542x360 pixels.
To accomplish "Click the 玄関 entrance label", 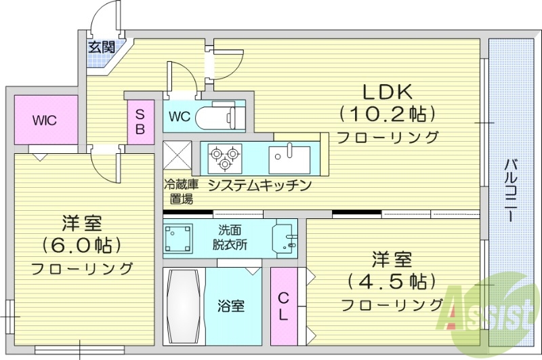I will point(101,47).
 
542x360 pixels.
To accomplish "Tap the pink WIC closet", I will point(46,120).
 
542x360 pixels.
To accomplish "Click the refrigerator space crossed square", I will point(177,157).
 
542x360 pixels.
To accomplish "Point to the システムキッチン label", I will point(259,185).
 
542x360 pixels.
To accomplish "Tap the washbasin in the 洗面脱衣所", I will point(285,238).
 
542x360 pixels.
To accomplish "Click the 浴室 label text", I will point(232,306).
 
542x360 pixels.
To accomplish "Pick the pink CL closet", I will point(283,306).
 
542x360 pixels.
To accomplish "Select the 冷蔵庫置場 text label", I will point(180,191).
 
